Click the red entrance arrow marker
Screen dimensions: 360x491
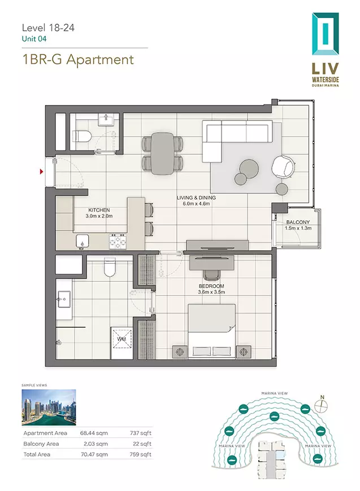pyautogui.click(x=41, y=172)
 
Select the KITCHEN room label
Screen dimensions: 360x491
pyautogui.click(x=99, y=210)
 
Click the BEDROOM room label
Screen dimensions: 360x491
pyautogui.click(x=211, y=286)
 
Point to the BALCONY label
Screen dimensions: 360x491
pyautogui.click(x=298, y=222)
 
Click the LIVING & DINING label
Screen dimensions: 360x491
pyautogui.click(x=196, y=198)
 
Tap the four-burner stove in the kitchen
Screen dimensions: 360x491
pyautogui.click(x=118, y=242)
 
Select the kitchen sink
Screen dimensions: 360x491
pyautogui.click(x=83, y=242)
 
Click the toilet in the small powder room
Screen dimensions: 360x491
pyautogui.click(x=82, y=136)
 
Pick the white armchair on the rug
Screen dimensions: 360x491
pyautogui.click(x=284, y=167)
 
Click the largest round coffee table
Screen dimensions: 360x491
pyautogui.click(x=249, y=168)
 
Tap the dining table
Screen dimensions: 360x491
pyautogui.click(x=162, y=154)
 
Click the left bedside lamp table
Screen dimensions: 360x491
pyautogui.click(x=180, y=352)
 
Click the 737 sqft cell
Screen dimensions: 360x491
pyautogui.click(x=141, y=433)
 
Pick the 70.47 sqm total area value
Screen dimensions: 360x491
pyautogui.click(x=94, y=454)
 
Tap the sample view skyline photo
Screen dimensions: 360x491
pyautogui.click(x=49, y=407)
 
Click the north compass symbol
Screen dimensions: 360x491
pyautogui.click(x=322, y=406)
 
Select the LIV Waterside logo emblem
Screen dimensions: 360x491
pyautogui.click(x=325, y=34)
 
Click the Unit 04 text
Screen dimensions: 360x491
pyautogui.click(x=34, y=39)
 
